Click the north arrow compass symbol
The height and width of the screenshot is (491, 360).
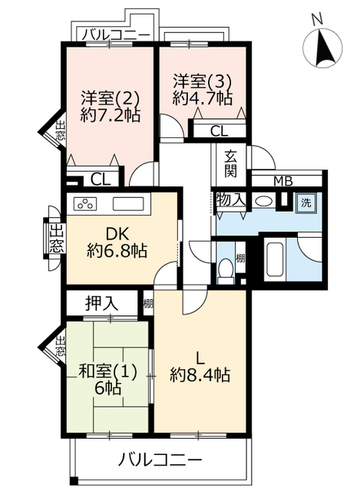point(322,48)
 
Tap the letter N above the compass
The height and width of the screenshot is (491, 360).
point(317,20)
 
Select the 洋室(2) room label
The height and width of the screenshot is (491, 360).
point(111,98)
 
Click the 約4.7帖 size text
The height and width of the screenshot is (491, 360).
point(202,98)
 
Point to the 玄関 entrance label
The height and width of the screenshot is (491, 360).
point(231,163)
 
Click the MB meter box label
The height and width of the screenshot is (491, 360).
point(283,181)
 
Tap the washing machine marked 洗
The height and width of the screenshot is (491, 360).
point(306,203)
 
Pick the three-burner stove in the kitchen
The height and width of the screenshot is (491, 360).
point(85,203)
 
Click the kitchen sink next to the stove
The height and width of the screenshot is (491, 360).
point(128,203)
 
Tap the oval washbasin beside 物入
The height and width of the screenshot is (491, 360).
point(263,201)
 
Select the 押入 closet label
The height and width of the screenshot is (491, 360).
point(102,303)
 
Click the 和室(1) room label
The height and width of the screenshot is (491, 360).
point(108,372)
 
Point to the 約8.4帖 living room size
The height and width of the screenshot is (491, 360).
point(200,374)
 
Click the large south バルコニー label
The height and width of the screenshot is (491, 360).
point(160,460)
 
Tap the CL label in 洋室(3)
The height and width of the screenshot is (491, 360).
point(219,131)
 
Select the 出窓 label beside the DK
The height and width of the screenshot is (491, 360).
point(58,239)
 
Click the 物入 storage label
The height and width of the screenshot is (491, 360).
point(231,199)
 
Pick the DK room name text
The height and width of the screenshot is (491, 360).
point(117,234)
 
